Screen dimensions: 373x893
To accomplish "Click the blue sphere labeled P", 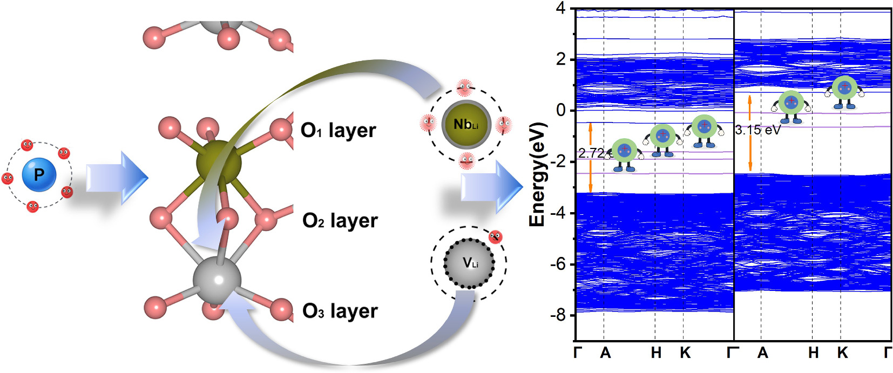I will (x=39, y=175).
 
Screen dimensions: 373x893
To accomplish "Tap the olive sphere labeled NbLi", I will (x=466, y=124).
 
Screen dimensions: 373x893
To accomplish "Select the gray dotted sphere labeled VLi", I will (x=469, y=263).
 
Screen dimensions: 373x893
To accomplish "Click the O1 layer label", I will (x=338, y=130).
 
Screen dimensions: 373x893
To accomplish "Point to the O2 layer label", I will (x=340, y=220).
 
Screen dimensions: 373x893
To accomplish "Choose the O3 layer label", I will (x=340, y=311).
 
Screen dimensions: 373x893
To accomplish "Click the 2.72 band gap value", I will (x=591, y=153).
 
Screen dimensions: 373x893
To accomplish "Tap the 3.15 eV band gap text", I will (x=757, y=130).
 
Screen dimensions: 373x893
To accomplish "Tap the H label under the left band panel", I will (x=656, y=353).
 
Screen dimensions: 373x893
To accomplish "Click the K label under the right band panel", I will (x=842, y=353).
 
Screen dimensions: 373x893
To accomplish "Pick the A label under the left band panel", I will (x=605, y=353).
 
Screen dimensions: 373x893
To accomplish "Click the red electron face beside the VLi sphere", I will (x=495, y=237).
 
